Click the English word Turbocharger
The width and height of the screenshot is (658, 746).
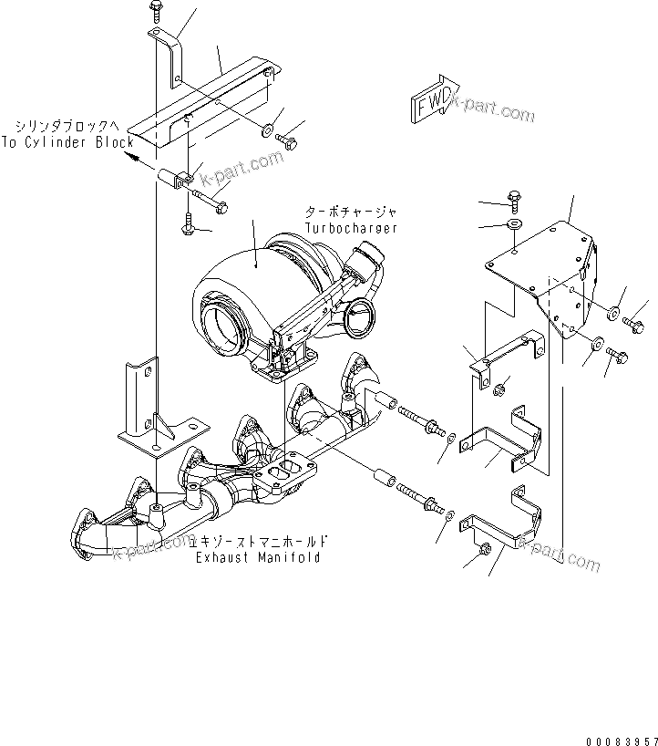351,228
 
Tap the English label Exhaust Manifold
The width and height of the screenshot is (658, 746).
258,557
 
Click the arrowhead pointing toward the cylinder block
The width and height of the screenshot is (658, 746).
134,157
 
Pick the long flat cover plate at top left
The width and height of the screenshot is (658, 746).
200,100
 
